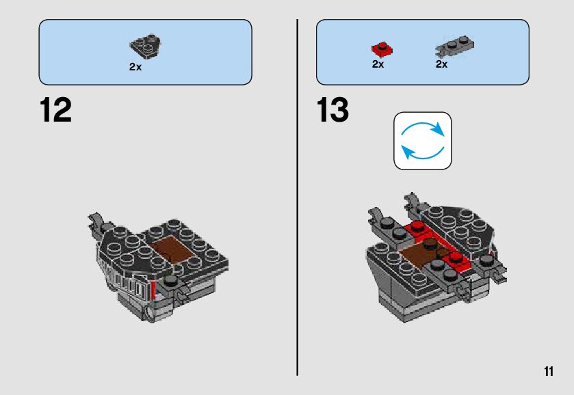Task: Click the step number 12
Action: [55, 111]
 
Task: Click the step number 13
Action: [333, 111]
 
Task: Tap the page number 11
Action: [548, 371]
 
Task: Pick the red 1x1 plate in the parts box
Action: [380, 49]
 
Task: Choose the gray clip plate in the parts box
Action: [455, 47]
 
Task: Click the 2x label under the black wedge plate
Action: [135, 68]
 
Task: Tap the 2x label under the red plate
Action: [378, 64]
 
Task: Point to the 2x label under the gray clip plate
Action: [441, 64]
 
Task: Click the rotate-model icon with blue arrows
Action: [423, 141]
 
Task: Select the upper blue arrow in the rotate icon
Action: [426, 128]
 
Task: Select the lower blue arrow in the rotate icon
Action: [419, 152]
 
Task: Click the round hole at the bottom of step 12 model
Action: [148, 314]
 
